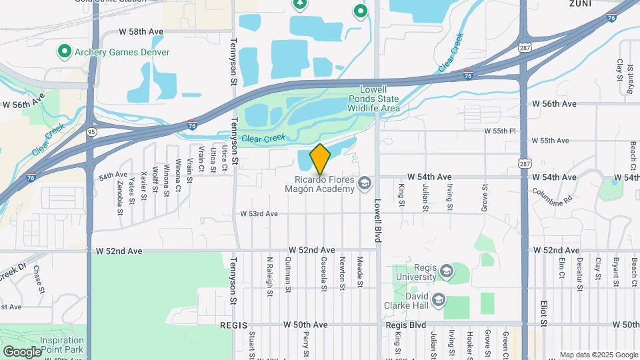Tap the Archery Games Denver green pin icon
pyautogui.click(x=65, y=51)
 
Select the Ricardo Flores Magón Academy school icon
pyautogui.click(x=365, y=183)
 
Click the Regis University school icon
pyautogui.click(x=445, y=271)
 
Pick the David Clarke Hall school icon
pyautogui.click(x=438, y=300)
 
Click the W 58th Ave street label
pyautogui.click(x=141, y=32)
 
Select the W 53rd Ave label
pyautogui.click(x=259, y=214)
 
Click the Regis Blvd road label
pyautogui.click(x=405, y=325)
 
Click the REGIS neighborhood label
pyautogui.click(x=233, y=325)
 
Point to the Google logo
pyautogui.click(x=22, y=351)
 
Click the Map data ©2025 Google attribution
pyautogui.click(x=599, y=355)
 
